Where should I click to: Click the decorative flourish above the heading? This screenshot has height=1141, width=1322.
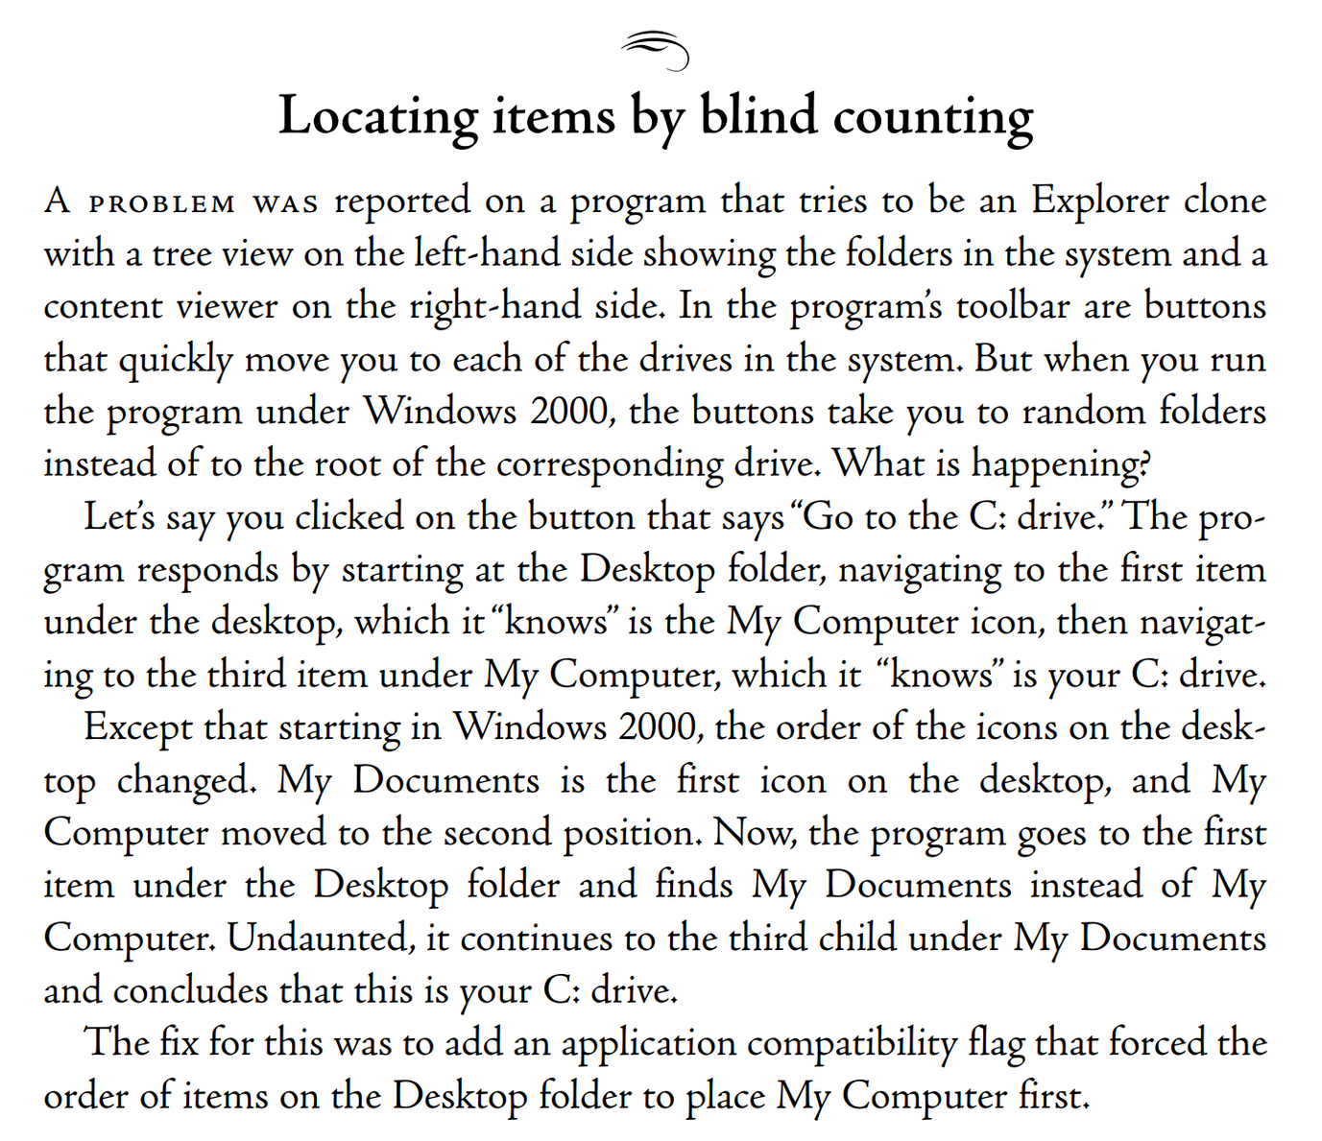656,51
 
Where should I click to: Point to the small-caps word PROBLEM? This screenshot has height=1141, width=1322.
161,204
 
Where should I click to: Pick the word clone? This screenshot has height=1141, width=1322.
1225,202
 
